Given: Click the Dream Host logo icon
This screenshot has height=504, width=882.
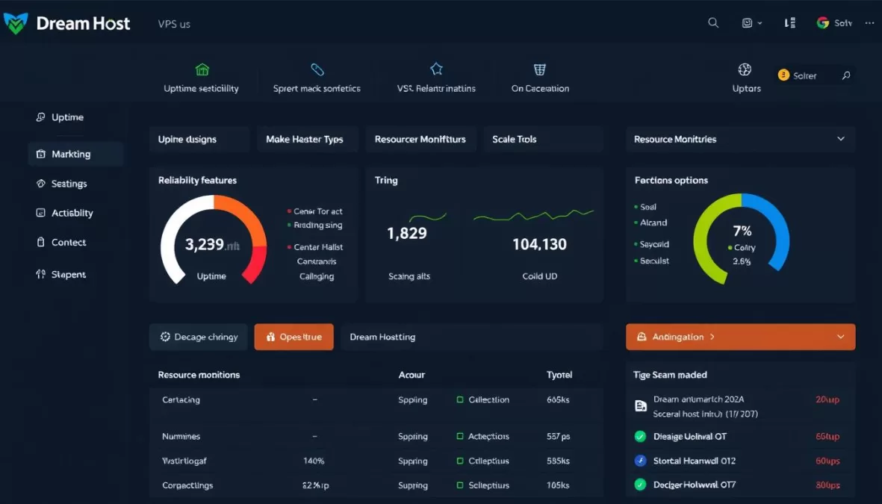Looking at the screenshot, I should (x=16, y=23).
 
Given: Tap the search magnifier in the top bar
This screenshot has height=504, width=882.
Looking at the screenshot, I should (x=713, y=23).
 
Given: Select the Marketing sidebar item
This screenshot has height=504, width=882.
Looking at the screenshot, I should (x=71, y=155).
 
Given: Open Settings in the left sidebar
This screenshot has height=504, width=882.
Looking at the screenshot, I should (x=69, y=184).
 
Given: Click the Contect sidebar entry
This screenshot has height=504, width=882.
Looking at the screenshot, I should (x=68, y=243).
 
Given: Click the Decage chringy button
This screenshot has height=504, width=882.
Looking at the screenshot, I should (x=198, y=337).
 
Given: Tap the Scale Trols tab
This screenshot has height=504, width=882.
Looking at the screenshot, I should (x=515, y=140).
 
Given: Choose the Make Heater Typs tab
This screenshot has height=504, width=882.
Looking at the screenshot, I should (x=304, y=140).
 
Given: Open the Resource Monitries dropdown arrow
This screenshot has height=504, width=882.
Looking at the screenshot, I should (x=841, y=140).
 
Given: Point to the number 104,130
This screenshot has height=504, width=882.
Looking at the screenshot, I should (x=539, y=244).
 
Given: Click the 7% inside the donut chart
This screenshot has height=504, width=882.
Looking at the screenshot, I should (x=742, y=231).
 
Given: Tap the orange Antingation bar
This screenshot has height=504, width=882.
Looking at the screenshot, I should (x=739, y=337).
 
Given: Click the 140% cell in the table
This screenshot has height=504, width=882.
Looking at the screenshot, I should (x=314, y=461).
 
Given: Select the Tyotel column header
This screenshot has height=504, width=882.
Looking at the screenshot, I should (x=560, y=375).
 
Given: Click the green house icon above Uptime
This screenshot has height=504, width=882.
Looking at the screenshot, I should (x=202, y=69).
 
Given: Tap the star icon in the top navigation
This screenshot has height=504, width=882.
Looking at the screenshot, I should (x=436, y=69).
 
